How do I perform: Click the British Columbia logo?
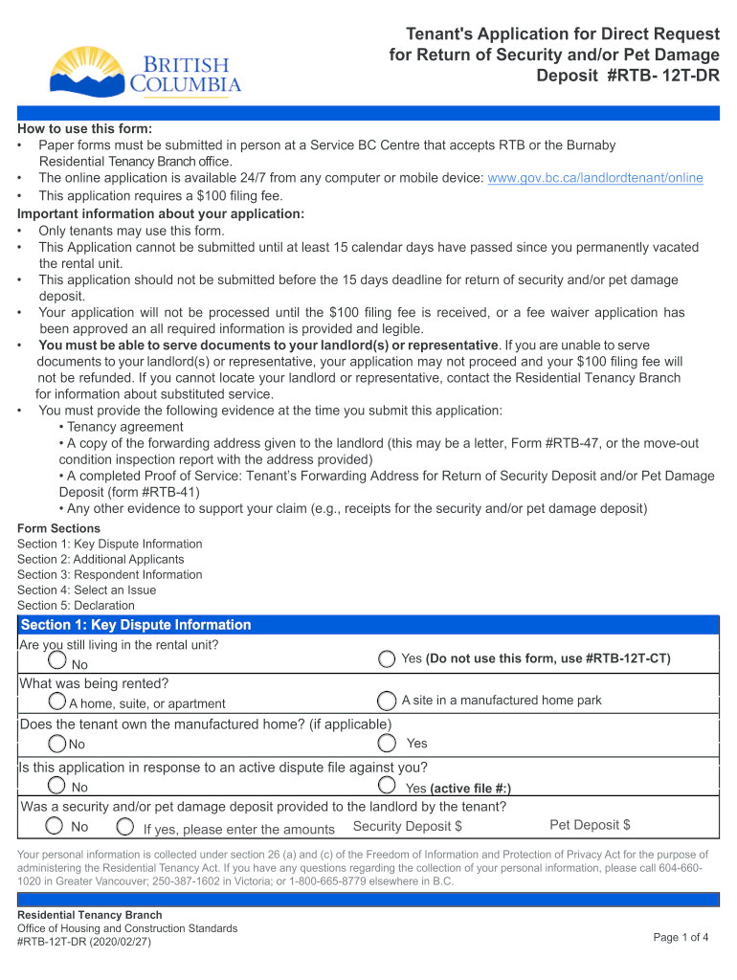145,72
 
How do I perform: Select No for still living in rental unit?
58,661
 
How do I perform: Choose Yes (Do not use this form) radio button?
386,658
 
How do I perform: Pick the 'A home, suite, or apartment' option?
58,702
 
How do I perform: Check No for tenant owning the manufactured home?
58,744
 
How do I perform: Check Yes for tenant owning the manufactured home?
386,743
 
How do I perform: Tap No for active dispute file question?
58,786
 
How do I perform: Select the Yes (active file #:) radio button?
386,786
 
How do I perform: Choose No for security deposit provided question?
56,826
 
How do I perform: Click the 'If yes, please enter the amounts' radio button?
124,826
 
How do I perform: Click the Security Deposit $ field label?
408,826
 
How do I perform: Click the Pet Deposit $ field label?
590,825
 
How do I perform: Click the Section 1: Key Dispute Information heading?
136,625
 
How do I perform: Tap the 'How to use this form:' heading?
84,129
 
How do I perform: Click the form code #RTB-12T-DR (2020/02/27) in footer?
84,942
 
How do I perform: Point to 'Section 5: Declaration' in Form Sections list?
76,605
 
